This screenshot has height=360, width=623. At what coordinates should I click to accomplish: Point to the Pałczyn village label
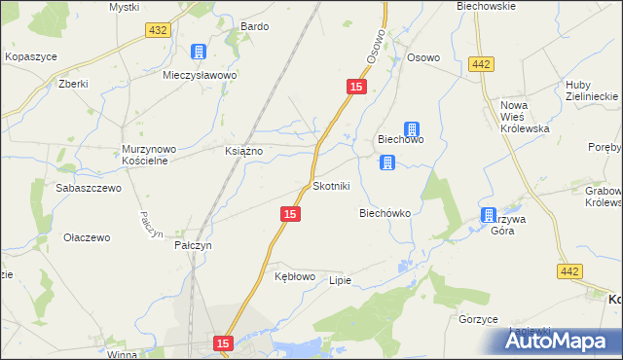(x=193, y=246)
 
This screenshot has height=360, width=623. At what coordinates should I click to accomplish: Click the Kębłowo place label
(x=295, y=276)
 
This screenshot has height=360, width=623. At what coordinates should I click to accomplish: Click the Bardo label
(x=254, y=26)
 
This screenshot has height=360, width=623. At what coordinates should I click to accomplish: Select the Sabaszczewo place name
(x=89, y=188)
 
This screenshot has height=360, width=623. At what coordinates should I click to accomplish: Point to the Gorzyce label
(x=478, y=319)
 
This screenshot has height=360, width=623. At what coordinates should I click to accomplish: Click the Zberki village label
(x=73, y=84)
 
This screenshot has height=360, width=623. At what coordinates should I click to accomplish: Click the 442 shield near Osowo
(x=479, y=63)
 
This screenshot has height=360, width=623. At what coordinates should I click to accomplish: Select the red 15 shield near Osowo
(x=355, y=89)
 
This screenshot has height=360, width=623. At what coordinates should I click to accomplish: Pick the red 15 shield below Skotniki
(x=289, y=213)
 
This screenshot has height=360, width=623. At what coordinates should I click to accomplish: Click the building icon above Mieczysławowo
(x=199, y=52)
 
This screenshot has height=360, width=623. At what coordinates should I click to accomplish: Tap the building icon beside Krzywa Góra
(x=488, y=215)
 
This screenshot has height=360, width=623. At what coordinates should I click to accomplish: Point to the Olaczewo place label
(x=87, y=236)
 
